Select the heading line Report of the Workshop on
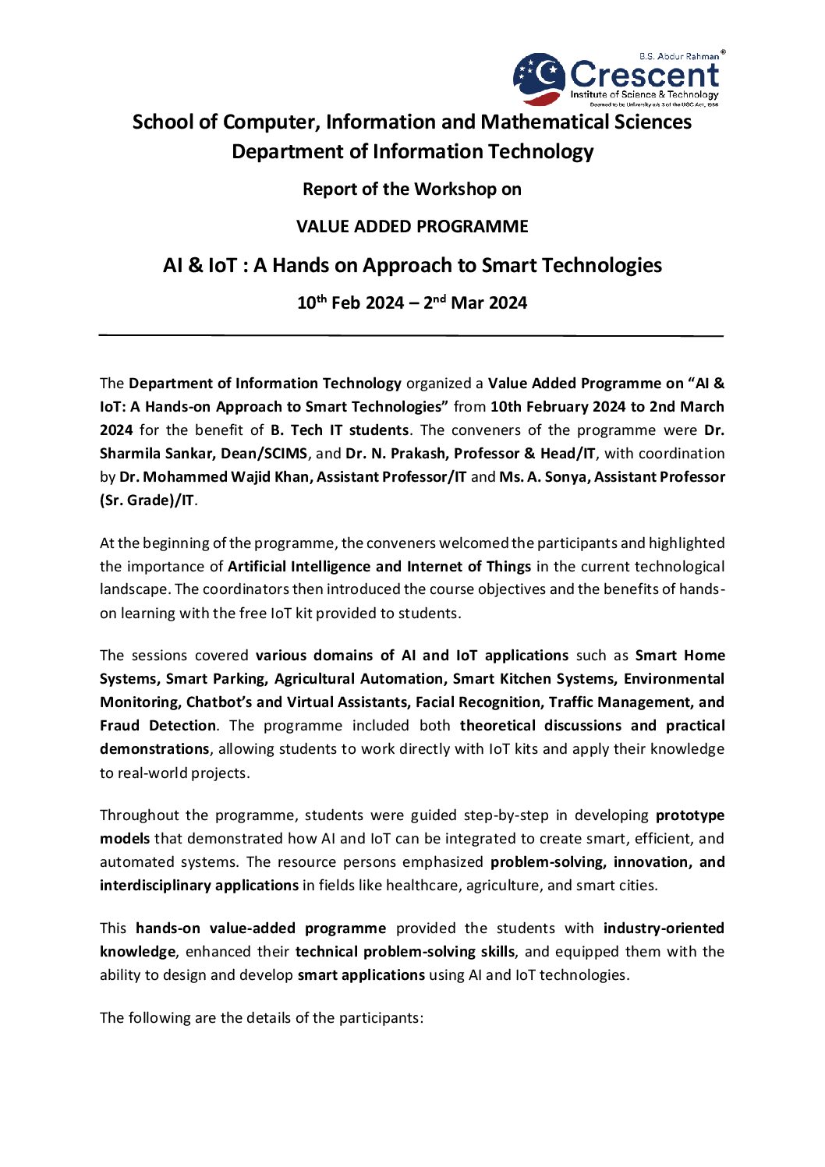coord(412,189)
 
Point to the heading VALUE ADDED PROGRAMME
coord(412,227)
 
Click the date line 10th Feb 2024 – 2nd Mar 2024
coord(412,303)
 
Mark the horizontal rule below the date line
coord(412,335)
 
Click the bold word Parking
coord(238,679)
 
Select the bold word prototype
coord(690,815)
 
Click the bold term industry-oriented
coord(664,928)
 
